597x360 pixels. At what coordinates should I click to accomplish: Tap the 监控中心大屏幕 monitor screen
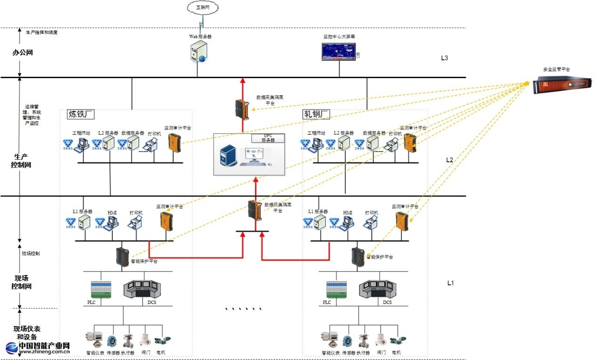coord(339,51)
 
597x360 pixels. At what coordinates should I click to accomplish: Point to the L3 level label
coord(444,58)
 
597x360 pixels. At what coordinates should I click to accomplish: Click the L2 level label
coord(449,160)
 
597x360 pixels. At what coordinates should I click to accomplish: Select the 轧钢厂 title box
coord(316,114)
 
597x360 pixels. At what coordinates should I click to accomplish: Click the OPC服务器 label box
coord(268,138)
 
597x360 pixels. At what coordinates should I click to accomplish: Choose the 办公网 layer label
coord(23,53)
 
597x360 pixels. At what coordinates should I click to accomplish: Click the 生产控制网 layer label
coord(21,161)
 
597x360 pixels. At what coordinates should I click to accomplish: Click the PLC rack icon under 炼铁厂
coord(101,290)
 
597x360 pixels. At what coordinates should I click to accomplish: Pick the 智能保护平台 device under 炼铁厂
coord(123,257)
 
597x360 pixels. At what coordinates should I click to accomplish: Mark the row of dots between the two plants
coord(243,309)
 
